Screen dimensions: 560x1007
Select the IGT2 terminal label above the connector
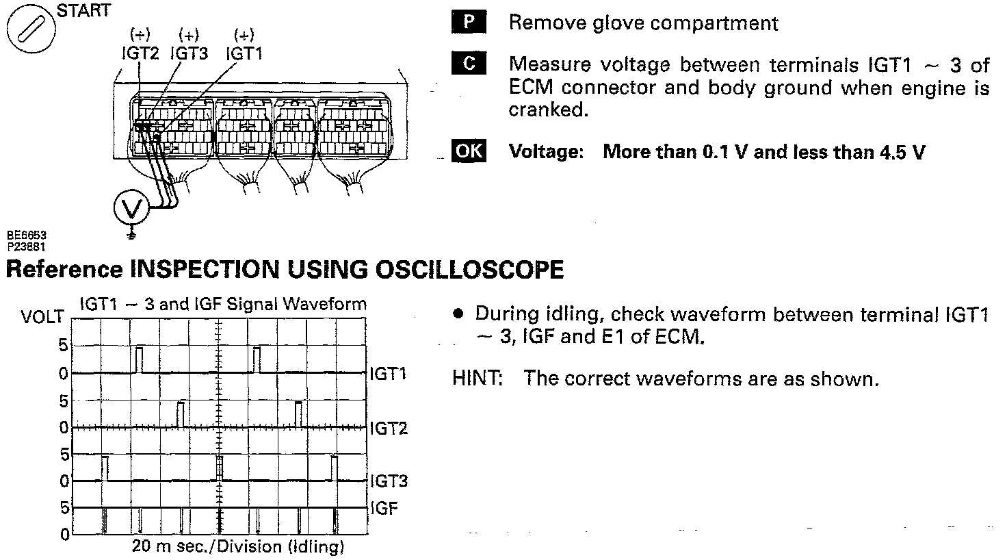pyautogui.click(x=140, y=53)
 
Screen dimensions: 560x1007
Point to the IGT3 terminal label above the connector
pyautogui.click(x=189, y=53)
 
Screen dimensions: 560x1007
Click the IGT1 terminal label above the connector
pyautogui.click(x=244, y=53)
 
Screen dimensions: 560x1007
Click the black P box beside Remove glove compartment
pyautogui.click(x=469, y=23)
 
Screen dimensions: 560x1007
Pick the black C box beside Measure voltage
pyautogui.click(x=469, y=64)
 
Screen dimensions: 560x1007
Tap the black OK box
pyautogui.click(x=469, y=151)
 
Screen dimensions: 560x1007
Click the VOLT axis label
pyautogui.click(x=42, y=317)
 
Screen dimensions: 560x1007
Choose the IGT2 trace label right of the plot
pyautogui.click(x=389, y=429)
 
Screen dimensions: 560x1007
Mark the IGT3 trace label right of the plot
pyautogui.click(x=389, y=481)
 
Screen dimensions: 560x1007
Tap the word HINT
pyautogui.click(x=478, y=379)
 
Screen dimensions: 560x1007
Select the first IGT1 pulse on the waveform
pyautogui.click(x=139, y=359)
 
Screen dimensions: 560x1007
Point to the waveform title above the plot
pyautogui.click(x=223, y=303)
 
